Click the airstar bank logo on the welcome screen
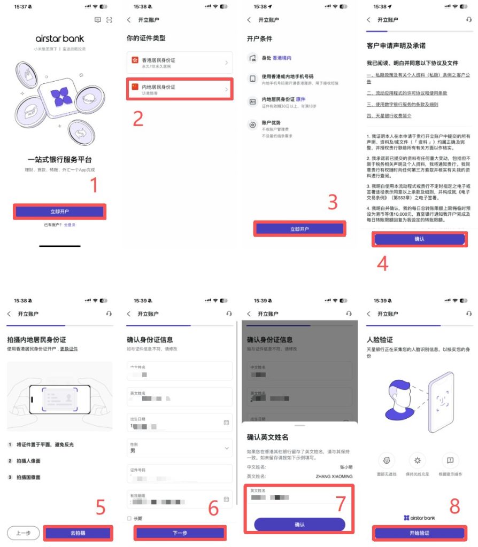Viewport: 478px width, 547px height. point(59,38)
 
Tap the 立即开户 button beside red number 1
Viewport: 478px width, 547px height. point(60,212)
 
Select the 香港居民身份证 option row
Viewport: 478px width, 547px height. point(179,63)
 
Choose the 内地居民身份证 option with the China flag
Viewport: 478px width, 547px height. point(179,89)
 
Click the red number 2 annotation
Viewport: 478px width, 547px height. point(138,119)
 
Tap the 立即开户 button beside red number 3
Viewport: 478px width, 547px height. point(299,229)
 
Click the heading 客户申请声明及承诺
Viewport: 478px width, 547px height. point(396,46)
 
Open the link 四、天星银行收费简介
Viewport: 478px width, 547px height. point(389,115)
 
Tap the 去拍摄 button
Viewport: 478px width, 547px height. point(78,533)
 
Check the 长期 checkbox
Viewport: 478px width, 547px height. point(129,518)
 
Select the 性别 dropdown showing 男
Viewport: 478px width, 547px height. point(179,448)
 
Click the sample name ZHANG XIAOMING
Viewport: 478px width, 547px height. point(334,476)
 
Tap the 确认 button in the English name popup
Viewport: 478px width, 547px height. point(299,525)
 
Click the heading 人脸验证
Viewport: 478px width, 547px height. point(380,339)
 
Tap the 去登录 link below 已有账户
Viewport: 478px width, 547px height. point(70,225)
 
